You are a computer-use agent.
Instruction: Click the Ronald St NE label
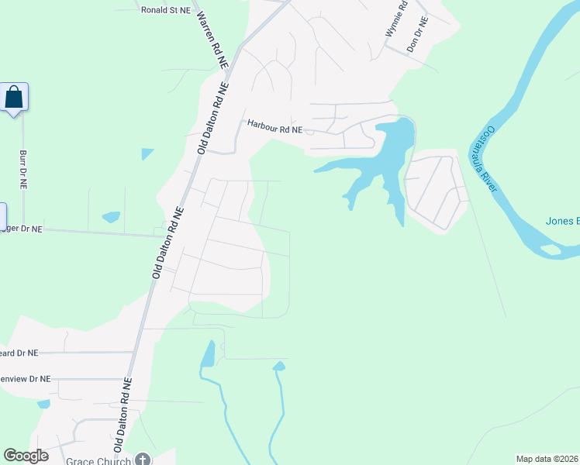(x=164, y=10)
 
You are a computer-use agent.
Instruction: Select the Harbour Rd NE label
(x=274, y=126)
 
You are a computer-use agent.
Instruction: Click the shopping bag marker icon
(x=14, y=98)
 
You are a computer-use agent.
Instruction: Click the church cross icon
(x=142, y=460)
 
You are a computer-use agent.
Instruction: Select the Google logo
(x=26, y=456)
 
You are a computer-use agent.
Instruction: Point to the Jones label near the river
(x=562, y=221)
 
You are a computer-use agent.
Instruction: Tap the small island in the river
(x=551, y=250)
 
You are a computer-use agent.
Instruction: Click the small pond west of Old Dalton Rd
(x=111, y=217)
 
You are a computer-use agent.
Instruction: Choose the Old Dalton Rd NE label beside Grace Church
(x=124, y=415)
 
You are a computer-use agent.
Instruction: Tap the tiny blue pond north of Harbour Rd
(x=147, y=153)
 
